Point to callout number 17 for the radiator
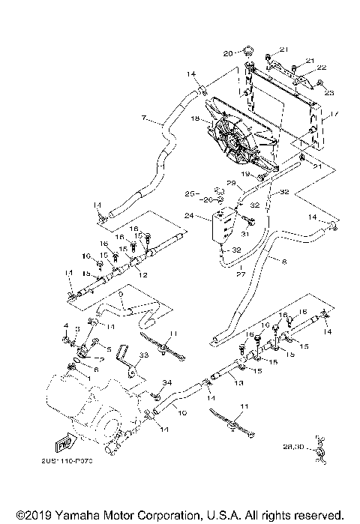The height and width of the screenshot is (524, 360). coord(335,114)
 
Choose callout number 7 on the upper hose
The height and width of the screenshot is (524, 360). coord(143,118)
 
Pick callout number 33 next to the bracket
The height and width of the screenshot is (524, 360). coord(143,355)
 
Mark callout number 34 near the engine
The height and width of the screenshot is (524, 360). coord(167,383)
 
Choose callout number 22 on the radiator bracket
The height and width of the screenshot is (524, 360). coord(321,67)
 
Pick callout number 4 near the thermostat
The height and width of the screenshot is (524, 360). coord(66,326)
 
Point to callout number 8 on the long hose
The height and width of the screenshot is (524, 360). coord(284,262)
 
